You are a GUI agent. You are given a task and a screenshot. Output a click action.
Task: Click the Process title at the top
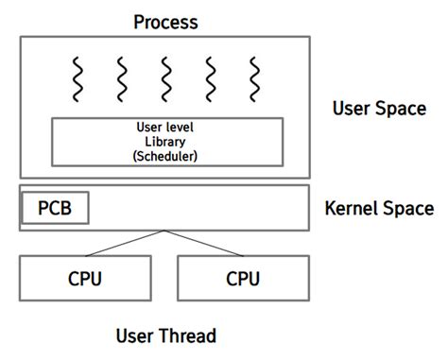(165, 21)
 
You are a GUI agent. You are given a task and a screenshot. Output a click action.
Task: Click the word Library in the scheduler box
(166, 140)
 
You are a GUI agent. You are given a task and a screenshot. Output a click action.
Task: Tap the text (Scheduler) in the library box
(166, 154)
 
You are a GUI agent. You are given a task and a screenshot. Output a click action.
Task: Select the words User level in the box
(166, 127)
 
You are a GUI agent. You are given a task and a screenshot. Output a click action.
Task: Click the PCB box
(55, 208)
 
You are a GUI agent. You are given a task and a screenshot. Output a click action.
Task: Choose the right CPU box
(243, 279)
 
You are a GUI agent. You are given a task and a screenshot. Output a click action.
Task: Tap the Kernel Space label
(379, 208)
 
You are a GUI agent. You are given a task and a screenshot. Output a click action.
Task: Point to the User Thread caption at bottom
(165, 335)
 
